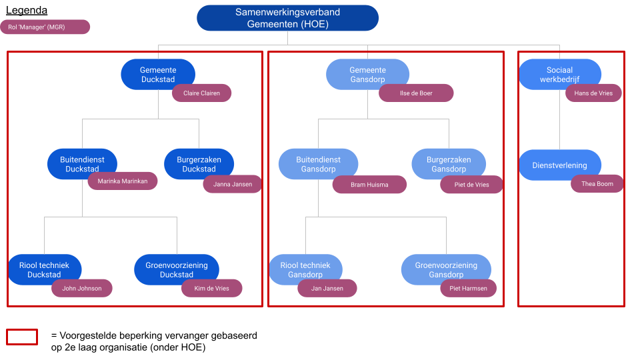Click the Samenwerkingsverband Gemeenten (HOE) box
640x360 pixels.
coord(287,18)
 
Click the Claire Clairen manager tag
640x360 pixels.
coord(201,93)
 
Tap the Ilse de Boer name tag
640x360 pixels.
coord(416,93)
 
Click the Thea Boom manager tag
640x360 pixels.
coord(597,184)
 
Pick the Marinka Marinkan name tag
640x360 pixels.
coord(123,181)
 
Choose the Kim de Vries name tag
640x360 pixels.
coord(211,289)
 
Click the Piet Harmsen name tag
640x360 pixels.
coord(468,289)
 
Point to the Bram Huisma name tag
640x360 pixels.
coord(369,185)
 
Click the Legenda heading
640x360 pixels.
coord(27,11)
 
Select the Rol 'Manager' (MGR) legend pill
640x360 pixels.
coord(45,27)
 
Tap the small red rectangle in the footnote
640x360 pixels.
coord(22,337)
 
